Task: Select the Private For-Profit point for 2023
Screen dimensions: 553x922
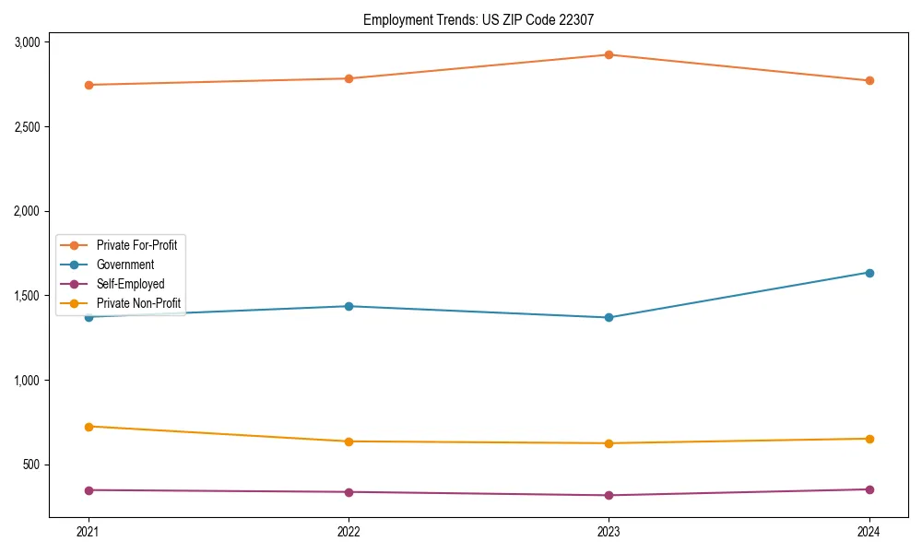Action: coord(609,54)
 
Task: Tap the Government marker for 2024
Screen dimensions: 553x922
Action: coord(869,273)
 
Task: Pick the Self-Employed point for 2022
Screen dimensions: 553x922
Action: coord(349,492)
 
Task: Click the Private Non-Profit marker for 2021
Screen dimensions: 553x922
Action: coord(89,427)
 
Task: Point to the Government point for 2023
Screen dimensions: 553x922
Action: coord(609,318)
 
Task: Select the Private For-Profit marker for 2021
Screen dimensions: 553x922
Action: coord(89,85)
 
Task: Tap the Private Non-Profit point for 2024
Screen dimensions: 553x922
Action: coord(869,439)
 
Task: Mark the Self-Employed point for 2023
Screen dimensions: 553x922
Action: coord(609,496)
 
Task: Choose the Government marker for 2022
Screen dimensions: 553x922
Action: coord(349,306)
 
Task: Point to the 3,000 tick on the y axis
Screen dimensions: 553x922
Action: coord(27,42)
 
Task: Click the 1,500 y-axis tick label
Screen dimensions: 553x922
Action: coord(27,296)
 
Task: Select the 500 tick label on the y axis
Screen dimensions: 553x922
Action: coord(32,465)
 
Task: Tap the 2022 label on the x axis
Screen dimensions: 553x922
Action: coord(349,532)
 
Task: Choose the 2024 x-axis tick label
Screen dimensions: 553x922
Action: coord(869,532)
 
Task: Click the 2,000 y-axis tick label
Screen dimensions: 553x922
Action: coord(27,211)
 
